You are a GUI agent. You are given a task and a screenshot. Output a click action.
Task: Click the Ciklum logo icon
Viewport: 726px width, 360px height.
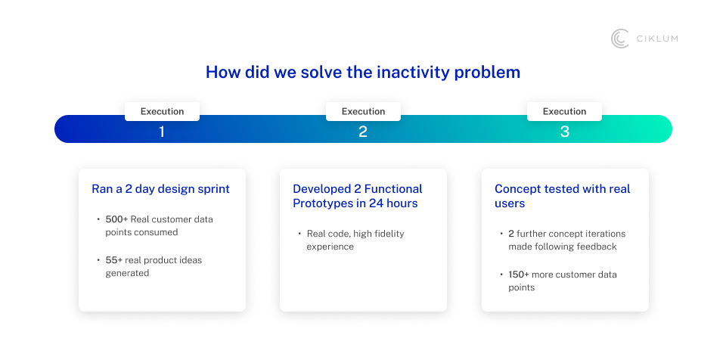point(619,39)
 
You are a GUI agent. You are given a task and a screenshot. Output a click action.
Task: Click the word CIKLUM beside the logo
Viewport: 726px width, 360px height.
point(656,39)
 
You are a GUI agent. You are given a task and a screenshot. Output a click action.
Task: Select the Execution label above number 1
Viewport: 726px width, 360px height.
point(162,111)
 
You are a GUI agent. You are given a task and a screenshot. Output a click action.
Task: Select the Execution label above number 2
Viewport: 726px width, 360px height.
point(364,111)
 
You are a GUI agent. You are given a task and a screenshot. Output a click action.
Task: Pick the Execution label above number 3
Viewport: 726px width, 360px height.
point(564,111)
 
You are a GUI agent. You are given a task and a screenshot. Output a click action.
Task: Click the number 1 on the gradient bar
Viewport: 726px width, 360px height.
point(162,132)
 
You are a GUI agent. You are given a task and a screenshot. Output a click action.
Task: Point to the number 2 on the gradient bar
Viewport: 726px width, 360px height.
point(363,132)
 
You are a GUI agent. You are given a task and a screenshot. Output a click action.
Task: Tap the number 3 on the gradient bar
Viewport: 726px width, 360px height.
point(565,132)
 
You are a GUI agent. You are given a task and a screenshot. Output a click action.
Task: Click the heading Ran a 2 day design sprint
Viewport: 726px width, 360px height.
point(160,189)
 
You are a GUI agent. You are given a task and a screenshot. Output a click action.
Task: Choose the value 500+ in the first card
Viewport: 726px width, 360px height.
point(116,219)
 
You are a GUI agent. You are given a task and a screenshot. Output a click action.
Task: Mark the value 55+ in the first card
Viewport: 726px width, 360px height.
point(114,260)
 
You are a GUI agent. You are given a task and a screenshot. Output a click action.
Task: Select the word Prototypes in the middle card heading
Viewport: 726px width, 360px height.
point(322,203)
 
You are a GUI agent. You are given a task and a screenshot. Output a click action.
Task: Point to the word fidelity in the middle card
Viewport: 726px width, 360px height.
point(387,234)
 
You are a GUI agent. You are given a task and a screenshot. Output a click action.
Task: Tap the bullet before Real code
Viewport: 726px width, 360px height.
point(299,234)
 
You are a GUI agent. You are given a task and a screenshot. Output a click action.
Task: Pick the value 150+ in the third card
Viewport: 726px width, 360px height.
point(519,275)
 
